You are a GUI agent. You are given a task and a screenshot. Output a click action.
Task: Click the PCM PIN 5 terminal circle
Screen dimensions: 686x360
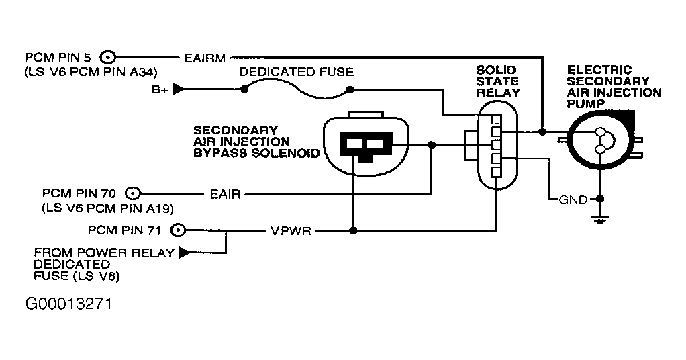pos(107,57)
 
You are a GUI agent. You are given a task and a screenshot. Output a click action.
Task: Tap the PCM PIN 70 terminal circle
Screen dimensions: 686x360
pos(133,193)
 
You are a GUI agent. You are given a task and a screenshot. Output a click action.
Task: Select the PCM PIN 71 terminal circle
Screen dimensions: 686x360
pos(178,230)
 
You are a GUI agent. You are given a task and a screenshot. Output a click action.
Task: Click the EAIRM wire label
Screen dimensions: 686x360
pos(205,58)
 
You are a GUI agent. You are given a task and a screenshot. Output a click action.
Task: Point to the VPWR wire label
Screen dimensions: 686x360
pos(291,230)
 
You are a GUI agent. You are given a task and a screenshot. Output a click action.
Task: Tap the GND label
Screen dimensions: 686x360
pos(573,199)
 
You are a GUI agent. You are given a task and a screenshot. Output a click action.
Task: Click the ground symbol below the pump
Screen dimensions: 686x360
pos(600,218)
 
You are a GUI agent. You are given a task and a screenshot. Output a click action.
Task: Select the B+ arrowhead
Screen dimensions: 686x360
pos(179,89)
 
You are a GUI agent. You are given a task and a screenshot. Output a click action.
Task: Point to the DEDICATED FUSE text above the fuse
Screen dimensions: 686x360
pos(297,71)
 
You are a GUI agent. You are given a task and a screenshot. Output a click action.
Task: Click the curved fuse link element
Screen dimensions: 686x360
pos(297,90)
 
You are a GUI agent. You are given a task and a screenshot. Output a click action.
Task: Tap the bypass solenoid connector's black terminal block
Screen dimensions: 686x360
pos(366,145)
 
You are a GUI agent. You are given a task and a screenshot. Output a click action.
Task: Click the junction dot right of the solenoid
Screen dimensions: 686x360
pos(432,144)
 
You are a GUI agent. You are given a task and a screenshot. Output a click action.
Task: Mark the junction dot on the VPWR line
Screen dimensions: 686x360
pos(354,230)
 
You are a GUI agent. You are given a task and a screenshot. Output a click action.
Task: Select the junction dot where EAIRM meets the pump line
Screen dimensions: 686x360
pos(542,132)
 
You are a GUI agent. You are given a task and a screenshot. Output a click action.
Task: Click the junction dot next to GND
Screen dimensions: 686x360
pos(600,199)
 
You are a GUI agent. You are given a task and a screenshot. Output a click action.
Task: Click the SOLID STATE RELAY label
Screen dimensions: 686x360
pos(497,81)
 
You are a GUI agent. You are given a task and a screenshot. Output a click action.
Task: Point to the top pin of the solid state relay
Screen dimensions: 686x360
pos(495,119)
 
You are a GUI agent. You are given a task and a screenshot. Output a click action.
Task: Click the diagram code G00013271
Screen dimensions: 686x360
pos(68,304)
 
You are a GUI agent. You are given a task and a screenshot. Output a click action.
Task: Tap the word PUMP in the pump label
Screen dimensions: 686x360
pos(585,104)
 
